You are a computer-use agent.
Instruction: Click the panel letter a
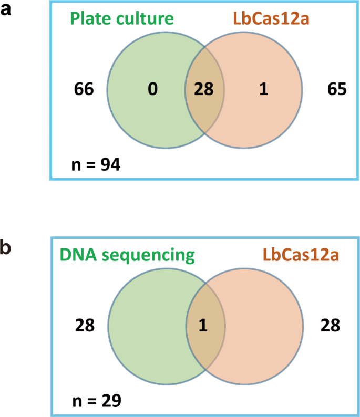pyautogui.click(x=6, y=9)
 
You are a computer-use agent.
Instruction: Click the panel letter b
pyautogui.click(x=7, y=247)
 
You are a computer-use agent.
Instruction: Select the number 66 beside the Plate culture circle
pyautogui.click(x=84, y=90)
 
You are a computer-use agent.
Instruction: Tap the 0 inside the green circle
pyautogui.click(x=152, y=90)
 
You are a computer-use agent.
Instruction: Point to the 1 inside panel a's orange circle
pyautogui.click(x=263, y=90)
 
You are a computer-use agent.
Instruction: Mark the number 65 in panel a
pyautogui.click(x=336, y=90)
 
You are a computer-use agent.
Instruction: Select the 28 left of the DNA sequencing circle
pyautogui.click(x=84, y=326)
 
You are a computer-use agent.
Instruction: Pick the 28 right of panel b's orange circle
pyautogui.click(x=330, y=326)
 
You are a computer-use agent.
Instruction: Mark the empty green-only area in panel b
pyautogui.click(x=147, y=326)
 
